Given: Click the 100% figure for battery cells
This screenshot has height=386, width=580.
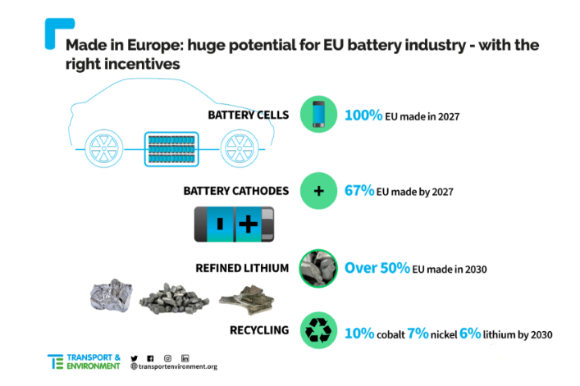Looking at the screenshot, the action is tap(363, 116).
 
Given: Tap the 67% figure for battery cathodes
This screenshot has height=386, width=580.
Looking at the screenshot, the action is tap(359, 191).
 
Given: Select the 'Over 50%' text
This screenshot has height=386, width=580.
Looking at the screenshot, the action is tap(377, 268).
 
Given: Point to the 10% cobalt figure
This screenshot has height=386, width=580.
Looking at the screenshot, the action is tap(359, 334).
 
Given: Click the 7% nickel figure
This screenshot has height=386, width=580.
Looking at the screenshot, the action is tap(418, 334).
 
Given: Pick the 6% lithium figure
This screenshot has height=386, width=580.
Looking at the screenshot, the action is tap(470, 334).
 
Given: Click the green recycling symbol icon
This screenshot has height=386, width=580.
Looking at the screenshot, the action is tap(318, 330).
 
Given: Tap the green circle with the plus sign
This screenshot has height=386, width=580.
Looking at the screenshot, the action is tap(318, 191).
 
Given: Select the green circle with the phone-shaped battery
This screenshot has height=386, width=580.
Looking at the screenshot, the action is tap(318, 114).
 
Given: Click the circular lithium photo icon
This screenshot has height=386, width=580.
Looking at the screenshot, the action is tap(318, 268).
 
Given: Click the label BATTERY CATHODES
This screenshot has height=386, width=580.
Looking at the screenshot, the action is tap(236, 191).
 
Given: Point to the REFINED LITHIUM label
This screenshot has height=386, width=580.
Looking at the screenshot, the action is tap(242, 268).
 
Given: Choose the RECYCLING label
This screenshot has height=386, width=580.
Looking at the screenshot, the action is tap(259, 330).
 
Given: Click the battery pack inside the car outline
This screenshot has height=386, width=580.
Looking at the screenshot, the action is tap(171, 149).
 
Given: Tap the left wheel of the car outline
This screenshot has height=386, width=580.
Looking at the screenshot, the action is tap(104, 148).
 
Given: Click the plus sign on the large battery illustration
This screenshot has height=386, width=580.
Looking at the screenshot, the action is tap(249, 224).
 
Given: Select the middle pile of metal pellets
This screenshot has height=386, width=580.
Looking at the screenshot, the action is tap(174, 298).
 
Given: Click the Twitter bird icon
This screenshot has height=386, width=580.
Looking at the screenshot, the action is tap(135, 358).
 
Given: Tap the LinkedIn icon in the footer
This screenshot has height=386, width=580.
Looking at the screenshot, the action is tap(185, 358).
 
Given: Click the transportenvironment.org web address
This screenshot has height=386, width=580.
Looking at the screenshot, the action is tap(174, 366).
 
